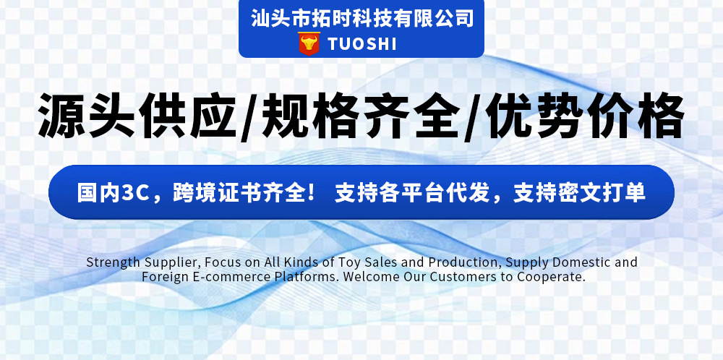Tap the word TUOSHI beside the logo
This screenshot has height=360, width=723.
tap(362, 44)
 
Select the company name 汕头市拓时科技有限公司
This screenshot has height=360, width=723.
tap(361, 17)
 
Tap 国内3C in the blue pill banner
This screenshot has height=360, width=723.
tap(112, 193)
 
